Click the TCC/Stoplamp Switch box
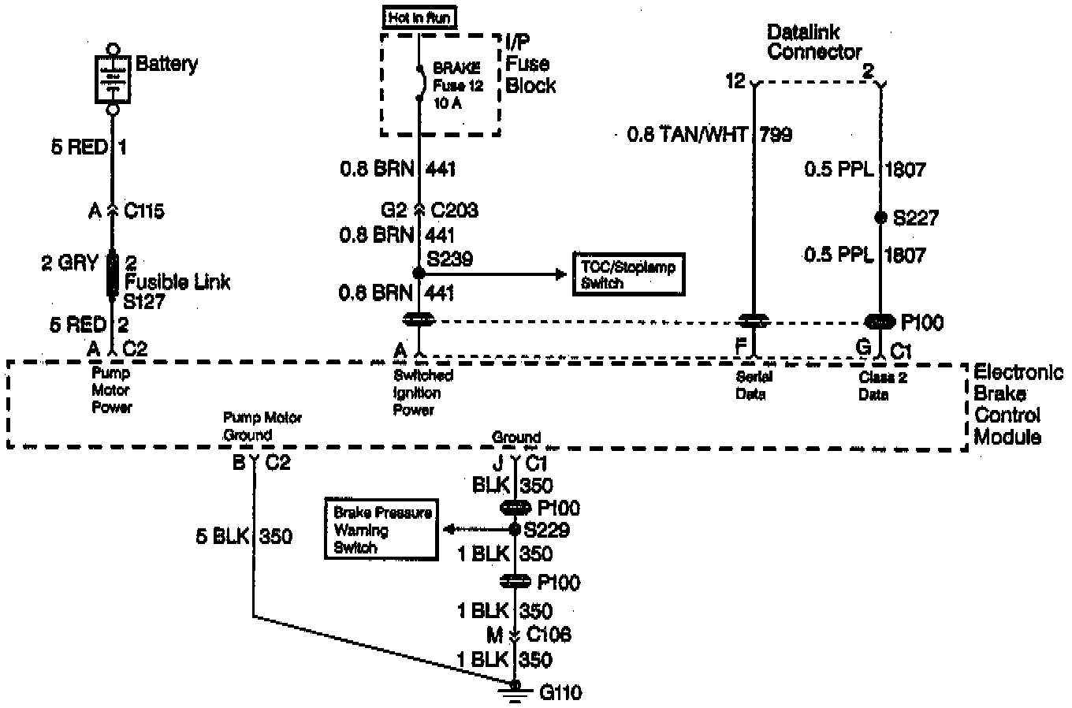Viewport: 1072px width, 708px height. [627, 274]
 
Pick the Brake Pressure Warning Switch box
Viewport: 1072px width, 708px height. [382, 529]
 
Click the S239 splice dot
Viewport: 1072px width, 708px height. [419, 273]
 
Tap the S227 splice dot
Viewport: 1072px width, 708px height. [880, 217]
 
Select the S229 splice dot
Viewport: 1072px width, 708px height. [515, 529]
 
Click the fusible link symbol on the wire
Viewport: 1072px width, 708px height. [113, 274]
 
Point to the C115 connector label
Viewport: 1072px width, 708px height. [143, 211]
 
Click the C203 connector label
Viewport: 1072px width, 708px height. [455, 211]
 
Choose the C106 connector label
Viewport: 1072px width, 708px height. [549, 635]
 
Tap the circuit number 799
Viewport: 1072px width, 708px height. [776, 135]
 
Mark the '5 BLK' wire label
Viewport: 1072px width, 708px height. [222, 537]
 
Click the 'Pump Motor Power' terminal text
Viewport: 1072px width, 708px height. [111, 389]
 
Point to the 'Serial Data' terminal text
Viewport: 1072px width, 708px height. [753, 386]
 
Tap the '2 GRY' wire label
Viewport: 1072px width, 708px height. [70, 263]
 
